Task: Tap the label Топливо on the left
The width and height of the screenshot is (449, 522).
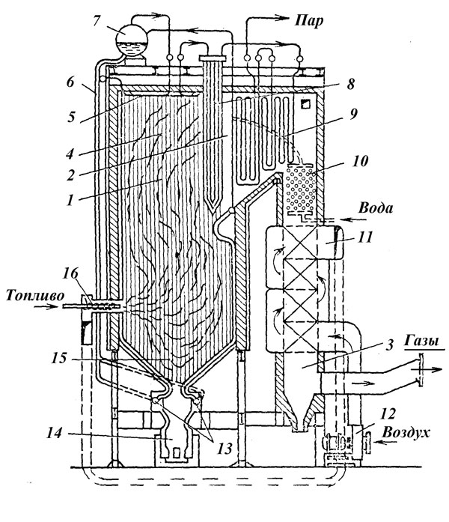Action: pos(31,294)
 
